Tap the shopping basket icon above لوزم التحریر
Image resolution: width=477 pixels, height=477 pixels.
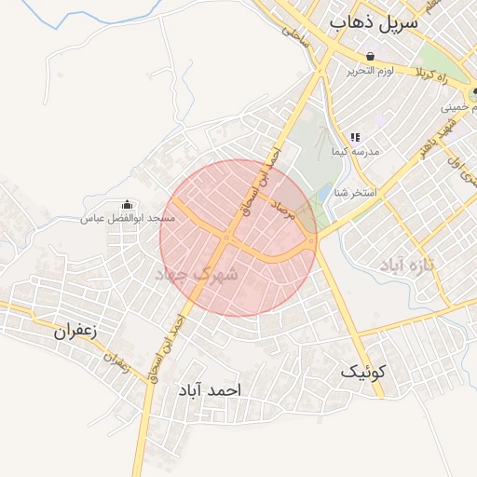pos(371,56)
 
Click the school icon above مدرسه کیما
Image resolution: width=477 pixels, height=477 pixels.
pos(355,137)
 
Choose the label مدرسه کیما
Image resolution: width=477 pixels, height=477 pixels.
pos(355,151)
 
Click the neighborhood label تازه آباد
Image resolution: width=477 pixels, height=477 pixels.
pos(421,266)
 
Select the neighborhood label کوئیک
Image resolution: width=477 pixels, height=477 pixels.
pos(362,372)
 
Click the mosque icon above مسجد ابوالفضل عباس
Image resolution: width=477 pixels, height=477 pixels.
pos(128,204)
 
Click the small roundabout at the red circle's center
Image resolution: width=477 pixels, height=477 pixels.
pos(227,238)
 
